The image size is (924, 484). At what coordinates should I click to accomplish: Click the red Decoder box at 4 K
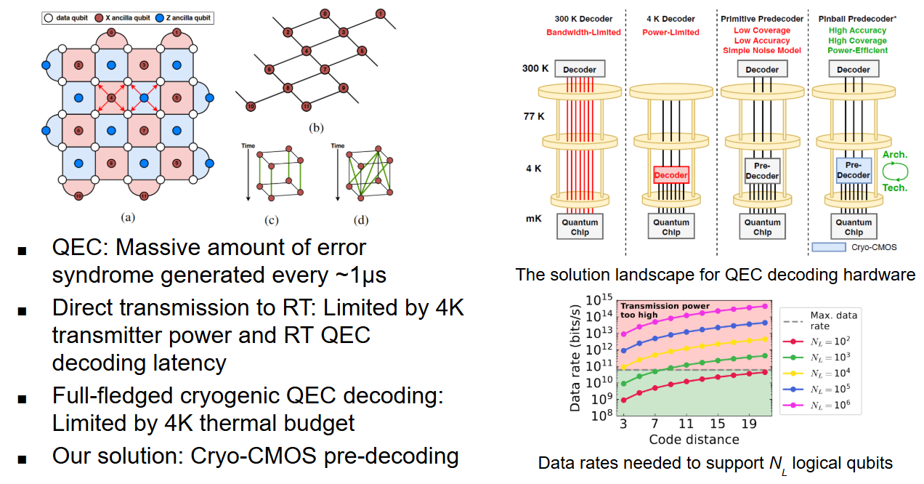[670, 174]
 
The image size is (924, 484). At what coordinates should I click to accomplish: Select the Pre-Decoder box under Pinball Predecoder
[854, 169]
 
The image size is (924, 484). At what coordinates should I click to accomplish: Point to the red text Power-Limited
[670, 32]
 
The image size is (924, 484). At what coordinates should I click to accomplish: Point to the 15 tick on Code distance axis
[717, 424]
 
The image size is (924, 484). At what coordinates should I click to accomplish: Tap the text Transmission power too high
[654, 311]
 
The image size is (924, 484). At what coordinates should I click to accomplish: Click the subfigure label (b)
[315, 129]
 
